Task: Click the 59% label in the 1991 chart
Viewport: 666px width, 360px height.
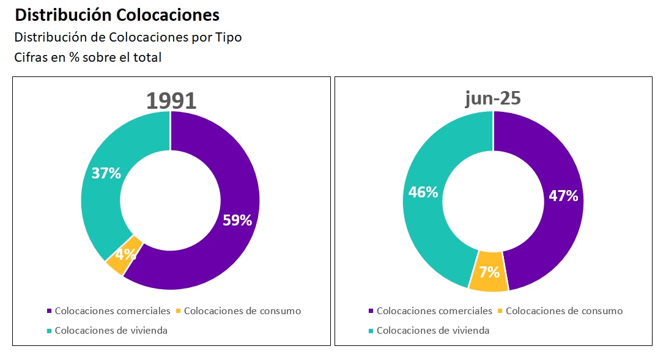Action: (237, 221)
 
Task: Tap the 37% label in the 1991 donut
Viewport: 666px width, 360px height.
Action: (106, 173)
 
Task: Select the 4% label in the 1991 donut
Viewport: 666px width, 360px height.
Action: (125, 254)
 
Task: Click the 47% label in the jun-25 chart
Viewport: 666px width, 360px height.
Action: (563, 196)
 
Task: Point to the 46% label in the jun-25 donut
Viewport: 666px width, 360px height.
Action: (423, 192)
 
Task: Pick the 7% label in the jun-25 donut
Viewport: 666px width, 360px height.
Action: (489, 272)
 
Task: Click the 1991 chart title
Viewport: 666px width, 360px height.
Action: (171, 101)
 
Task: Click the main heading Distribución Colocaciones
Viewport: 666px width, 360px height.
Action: (117, 15)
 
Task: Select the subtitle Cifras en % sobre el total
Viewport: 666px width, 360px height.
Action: (87, 57)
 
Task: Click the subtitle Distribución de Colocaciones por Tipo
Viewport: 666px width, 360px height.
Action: (128, 37)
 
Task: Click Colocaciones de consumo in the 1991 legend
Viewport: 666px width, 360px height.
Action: (242, 310)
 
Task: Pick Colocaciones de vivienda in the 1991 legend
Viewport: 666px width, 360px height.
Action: (111, 331)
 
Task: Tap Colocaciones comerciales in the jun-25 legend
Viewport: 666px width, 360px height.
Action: (434, 310)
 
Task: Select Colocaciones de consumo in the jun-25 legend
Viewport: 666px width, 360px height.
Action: (564, 310)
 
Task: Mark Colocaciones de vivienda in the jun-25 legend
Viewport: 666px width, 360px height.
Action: (432, 331)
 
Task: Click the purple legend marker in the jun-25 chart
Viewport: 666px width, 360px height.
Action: (371, 311)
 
